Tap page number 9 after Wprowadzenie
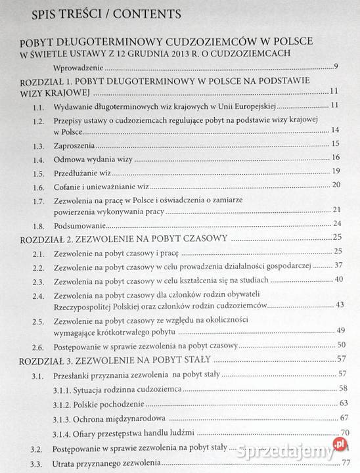[x=335, y=68]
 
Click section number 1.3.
[x=39, y=144]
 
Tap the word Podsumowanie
[x=78, y=223]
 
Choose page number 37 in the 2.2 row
[x=338, y=265]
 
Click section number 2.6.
[x=39, y=346]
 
